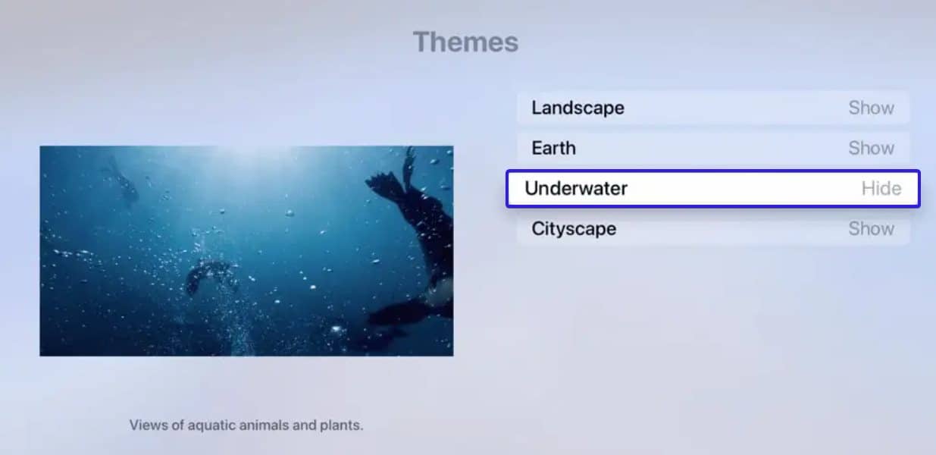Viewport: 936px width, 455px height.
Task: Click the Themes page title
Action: [x=465, y=42]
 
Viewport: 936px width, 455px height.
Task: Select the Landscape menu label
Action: [x=578, y=108]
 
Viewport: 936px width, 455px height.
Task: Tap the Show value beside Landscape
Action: [x=871, y=108]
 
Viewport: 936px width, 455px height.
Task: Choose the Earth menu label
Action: [x=553, y=148]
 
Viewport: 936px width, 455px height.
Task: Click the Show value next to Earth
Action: [x=871, y=148]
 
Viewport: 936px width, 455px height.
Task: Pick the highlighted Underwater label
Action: [x=576, y=188]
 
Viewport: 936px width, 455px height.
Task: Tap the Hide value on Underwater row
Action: [x=881, y=188]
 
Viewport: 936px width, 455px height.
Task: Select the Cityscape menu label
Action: [x=574, y=228]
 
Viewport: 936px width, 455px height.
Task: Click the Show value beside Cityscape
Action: [x=871, y=228]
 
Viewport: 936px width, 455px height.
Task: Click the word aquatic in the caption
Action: [x=205, y=425]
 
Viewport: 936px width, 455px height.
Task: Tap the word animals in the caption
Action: [x=262, y=425]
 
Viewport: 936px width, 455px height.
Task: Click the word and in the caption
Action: [x=303, y=425]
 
